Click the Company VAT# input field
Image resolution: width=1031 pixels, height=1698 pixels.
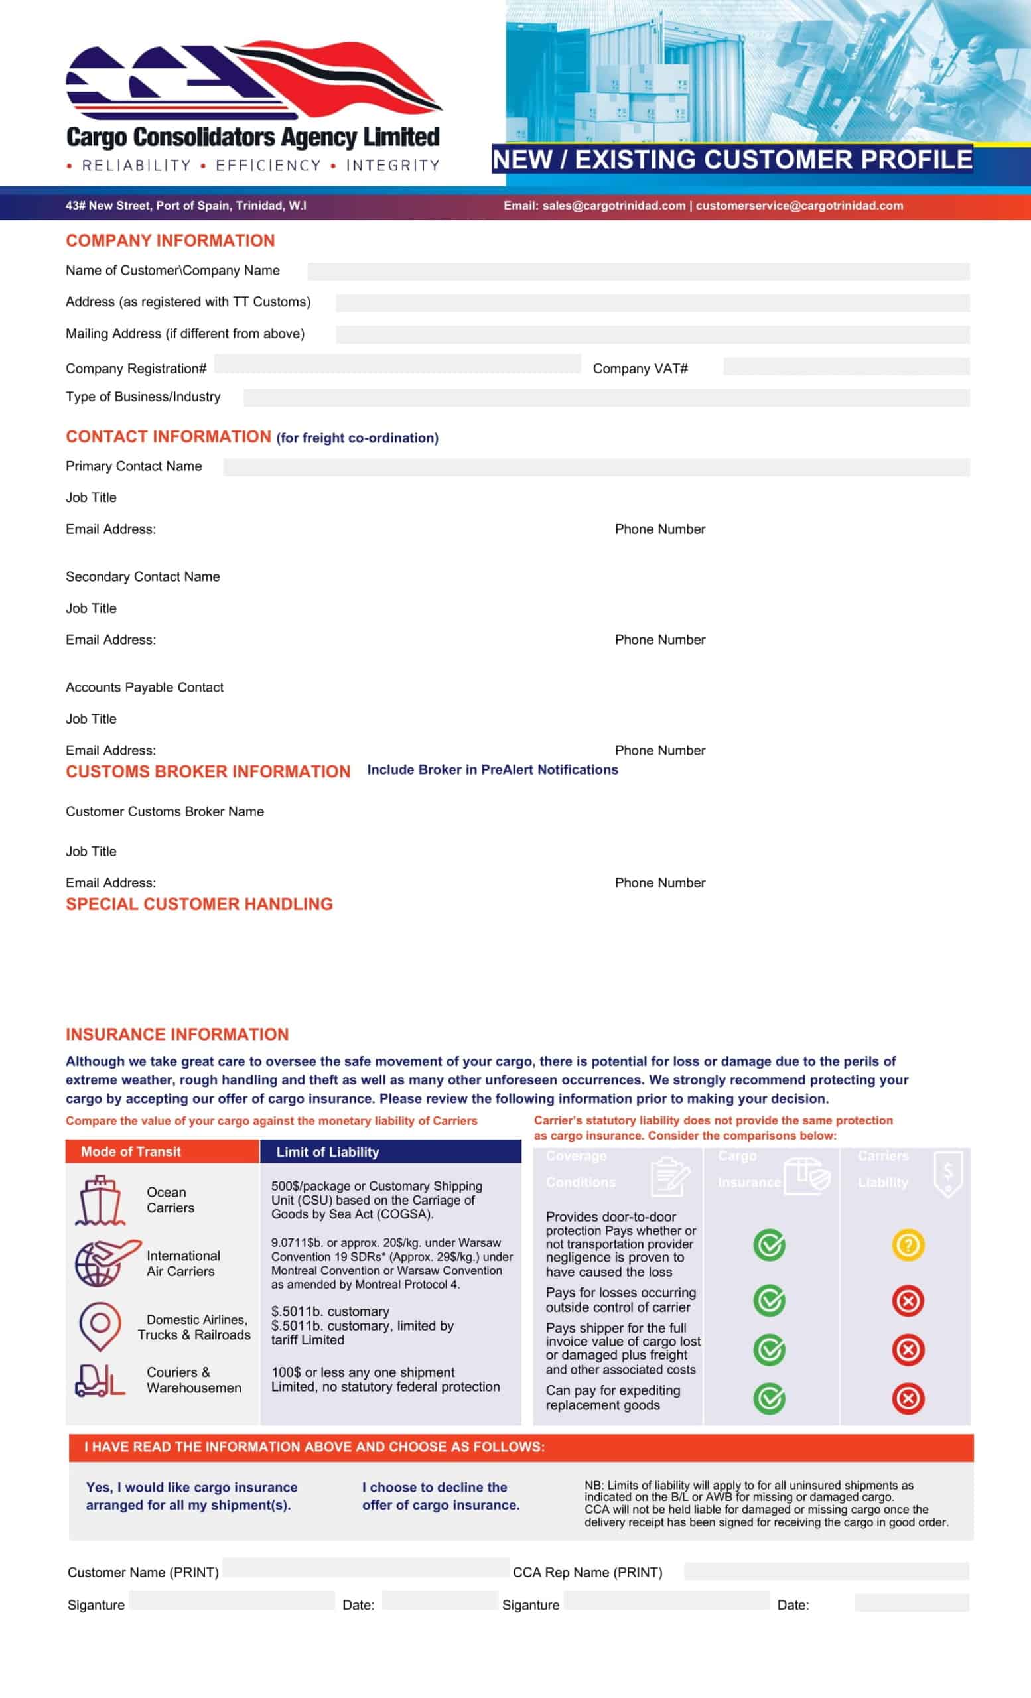pos(846,366)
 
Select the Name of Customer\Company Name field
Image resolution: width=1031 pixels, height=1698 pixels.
pos(638,271)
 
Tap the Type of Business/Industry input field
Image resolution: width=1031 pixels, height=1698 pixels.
pos(606,397)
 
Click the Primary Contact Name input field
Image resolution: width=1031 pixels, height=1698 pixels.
pos(596,467)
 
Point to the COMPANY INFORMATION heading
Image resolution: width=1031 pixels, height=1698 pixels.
pos(171,241)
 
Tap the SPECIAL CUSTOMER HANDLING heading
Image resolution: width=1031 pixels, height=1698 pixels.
pos(199,904)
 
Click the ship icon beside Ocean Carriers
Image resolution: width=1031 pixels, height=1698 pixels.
pos(101,1201)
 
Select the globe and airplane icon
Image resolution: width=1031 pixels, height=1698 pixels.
pos(105,1263)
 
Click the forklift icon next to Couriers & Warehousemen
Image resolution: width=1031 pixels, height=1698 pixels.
pos(100,1380)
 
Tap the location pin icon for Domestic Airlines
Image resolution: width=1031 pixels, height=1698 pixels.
pos(101,1325)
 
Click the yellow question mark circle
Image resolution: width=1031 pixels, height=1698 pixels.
pos(908,1244)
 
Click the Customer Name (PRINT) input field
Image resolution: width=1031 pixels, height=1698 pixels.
pos(366,1568)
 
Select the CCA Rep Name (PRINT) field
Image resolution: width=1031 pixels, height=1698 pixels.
pos(825,1571)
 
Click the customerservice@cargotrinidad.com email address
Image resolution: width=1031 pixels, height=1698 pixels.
pos(799,206)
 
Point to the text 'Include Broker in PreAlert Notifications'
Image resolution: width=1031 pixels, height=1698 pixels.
pos(492,770)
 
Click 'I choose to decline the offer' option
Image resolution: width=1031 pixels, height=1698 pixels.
pos(441,1496)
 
